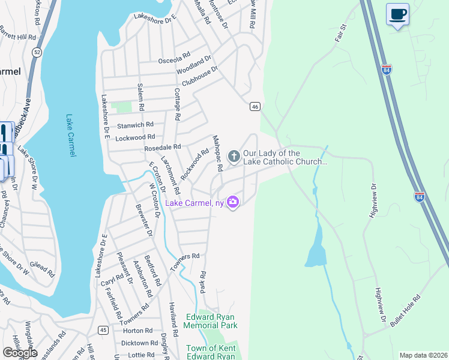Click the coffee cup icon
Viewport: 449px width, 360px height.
coord(398,13)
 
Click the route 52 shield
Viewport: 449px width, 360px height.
coord(37,52)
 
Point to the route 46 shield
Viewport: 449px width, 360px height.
coord(255,106)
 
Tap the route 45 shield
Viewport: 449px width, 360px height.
coord(104,329)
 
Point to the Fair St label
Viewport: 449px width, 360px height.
coord(342,33)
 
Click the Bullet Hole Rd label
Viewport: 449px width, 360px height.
coord(405,311)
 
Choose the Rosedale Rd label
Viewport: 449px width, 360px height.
coord(162,147)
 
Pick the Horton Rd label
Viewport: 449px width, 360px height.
coord(137,331)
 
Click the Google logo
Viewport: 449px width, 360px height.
coord(20,353)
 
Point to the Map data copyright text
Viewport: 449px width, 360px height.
coord(423,355)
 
